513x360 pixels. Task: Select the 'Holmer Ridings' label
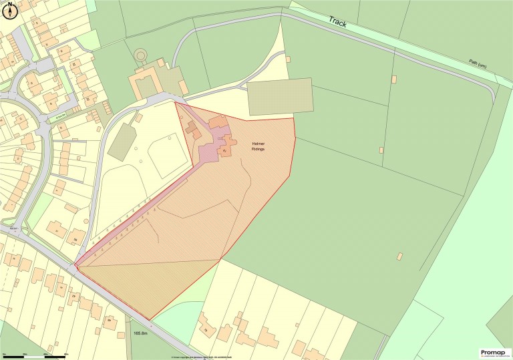click(x=258, y=146)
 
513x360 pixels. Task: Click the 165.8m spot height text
click(x=140, y=332)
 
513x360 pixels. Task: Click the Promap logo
click(x=495, y=353)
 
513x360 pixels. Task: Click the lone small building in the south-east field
click(x=399, y=256)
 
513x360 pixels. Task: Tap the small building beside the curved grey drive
click(x=288, y=59)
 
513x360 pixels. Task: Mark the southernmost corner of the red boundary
click(x=150, y=319)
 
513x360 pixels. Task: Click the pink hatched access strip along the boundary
click(x=134, y=214)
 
